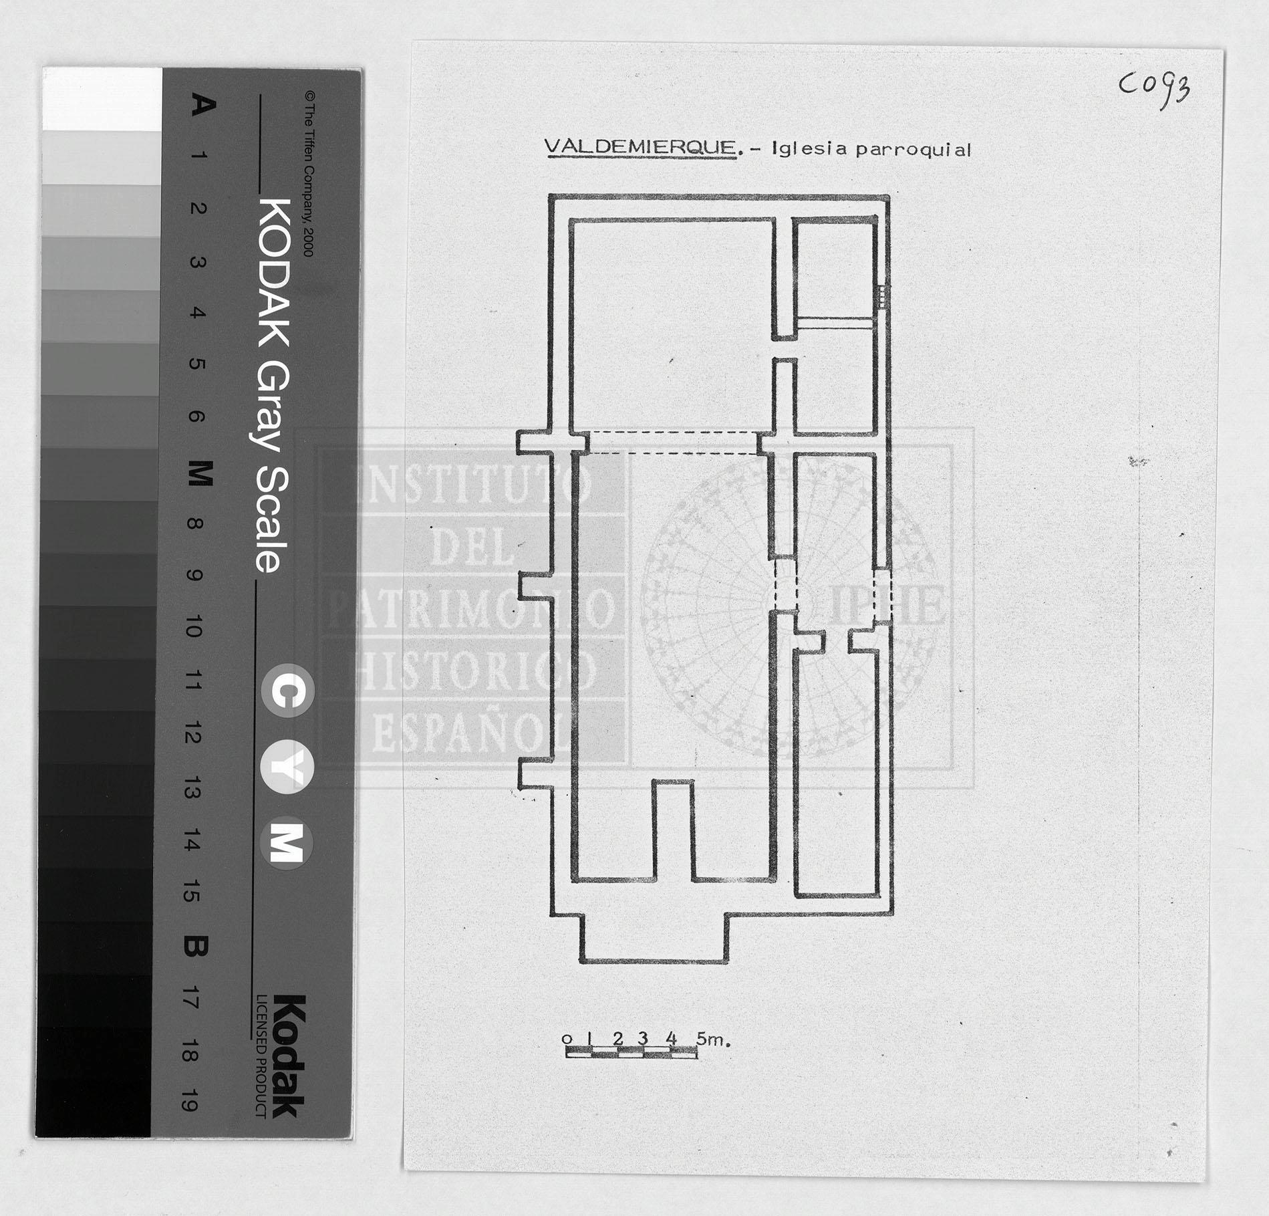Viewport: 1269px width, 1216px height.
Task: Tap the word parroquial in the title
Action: tap(913, 150)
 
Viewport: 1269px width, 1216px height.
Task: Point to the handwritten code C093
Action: tap(1155, 88)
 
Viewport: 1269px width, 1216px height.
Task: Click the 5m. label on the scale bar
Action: tap(713, 1039)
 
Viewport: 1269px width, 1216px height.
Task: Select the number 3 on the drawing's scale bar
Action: tap(643, 1038)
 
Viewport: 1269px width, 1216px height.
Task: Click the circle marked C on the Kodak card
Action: tap(287, 691)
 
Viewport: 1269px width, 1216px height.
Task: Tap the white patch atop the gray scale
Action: tap(102, 99)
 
